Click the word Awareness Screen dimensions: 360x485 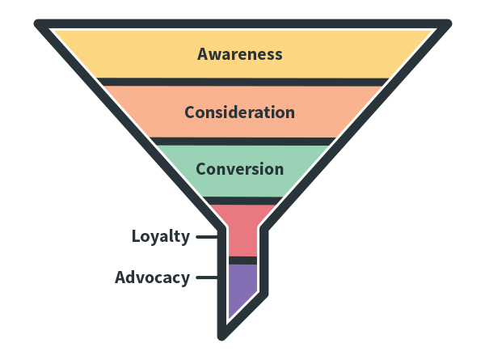(x=240, y=54)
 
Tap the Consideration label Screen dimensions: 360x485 (x=239, y=112)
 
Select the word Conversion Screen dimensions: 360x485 (x=239, y=169)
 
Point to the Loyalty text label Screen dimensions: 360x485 (x=161, y=237)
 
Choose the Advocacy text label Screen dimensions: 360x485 (x=152, y=277)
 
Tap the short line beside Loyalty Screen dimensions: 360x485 (x=207, y=237)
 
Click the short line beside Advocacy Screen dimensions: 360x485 (x=207, y=277)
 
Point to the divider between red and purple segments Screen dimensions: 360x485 (x=242, y=260)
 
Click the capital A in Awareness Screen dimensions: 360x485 (x=204, y=54)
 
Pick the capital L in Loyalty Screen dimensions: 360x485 (x=137, y=237)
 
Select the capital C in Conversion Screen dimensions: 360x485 (x=201, y=169)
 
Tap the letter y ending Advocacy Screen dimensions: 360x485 (x=185, y=279)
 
